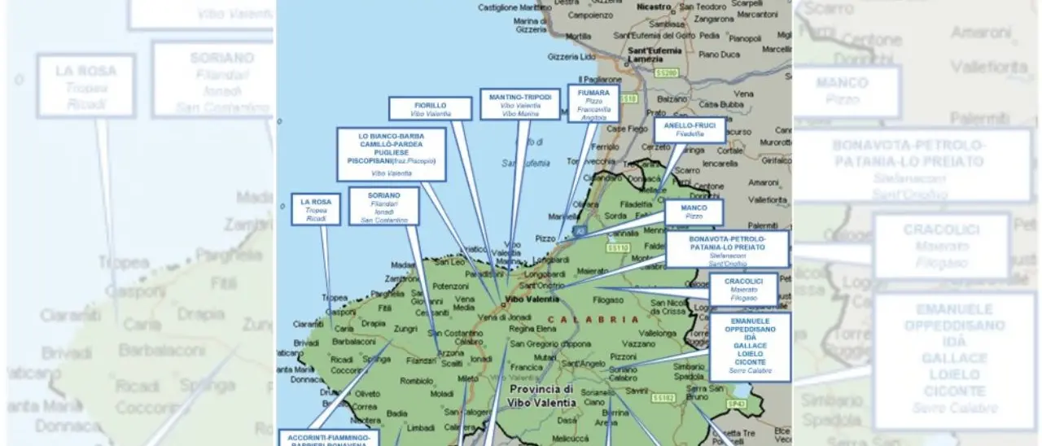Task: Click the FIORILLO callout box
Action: [x=430, y=108]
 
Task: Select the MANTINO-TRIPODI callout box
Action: [x=520, y=104]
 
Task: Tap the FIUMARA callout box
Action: [x=593, y=103]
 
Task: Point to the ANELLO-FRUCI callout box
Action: [x=689, y=129]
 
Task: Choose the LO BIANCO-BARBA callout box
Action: [x=392, y=154]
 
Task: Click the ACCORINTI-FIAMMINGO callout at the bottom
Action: [x=328, y=438]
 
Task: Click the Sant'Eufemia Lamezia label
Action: [x=655, y=54]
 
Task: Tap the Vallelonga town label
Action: [x=659, y=333]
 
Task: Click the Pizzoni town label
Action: [x=623, y=356]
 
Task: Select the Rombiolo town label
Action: [x=417, y=380]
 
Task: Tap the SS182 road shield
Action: [x=663, y=398]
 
